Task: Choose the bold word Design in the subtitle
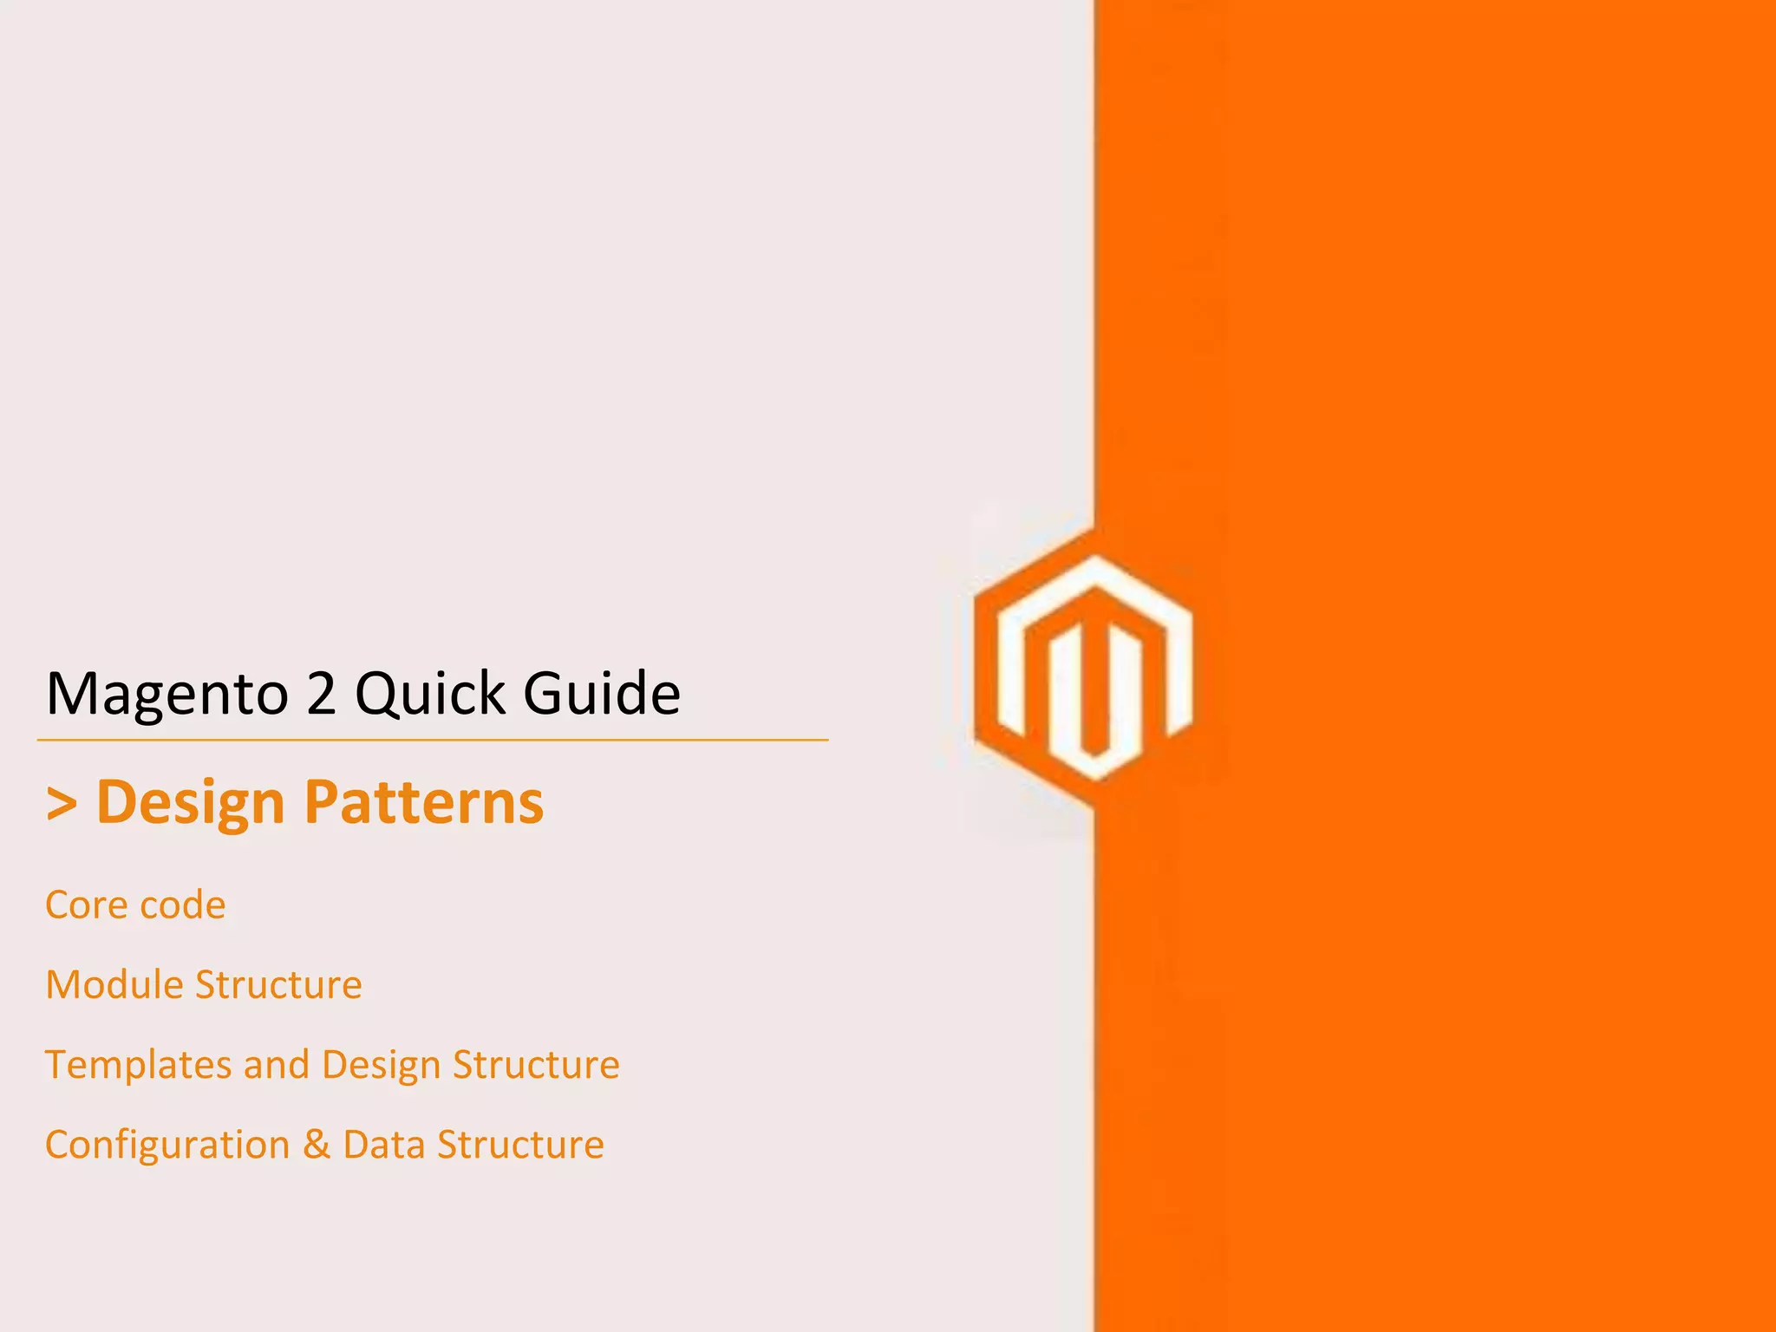190,802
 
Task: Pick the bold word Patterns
424,801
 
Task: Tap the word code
183,905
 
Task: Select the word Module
114,985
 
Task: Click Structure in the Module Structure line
278,985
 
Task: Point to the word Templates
138,1065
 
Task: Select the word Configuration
167,1145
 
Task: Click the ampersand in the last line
317,1145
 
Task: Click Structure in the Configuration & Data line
520,1145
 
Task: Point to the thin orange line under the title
433,740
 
